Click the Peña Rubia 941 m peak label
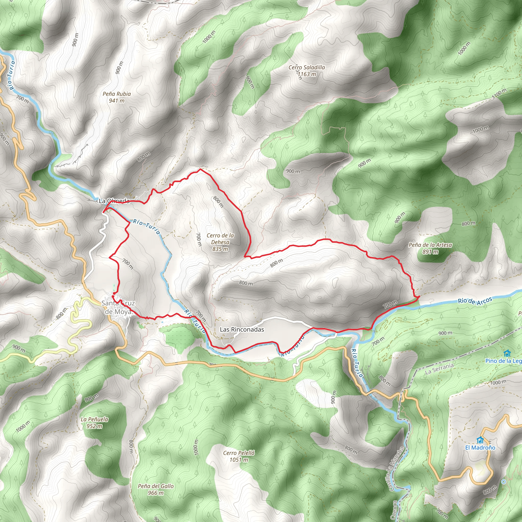(117, 97)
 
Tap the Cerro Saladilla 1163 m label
(307, 71)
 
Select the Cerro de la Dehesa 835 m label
(220, 242)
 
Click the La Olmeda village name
(114, 201)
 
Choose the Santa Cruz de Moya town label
(118, 307)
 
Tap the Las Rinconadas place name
(242, 329)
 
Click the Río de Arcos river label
(475, 301)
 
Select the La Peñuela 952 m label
(95, 423)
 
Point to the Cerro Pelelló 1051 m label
(239, 456)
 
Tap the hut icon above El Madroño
(480, 440)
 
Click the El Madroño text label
(480, 447)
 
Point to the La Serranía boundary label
(439, 369)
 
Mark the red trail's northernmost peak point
(200, 169)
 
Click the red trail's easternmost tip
(419, 296)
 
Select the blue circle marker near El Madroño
(503, 481)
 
